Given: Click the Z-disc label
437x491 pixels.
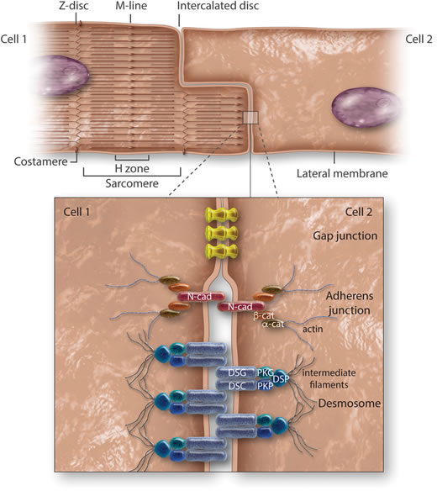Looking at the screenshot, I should (x=76, y=8).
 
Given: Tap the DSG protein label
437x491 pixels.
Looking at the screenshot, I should (x=238, y=371).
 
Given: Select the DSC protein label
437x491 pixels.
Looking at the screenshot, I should (x=238, y=386).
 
